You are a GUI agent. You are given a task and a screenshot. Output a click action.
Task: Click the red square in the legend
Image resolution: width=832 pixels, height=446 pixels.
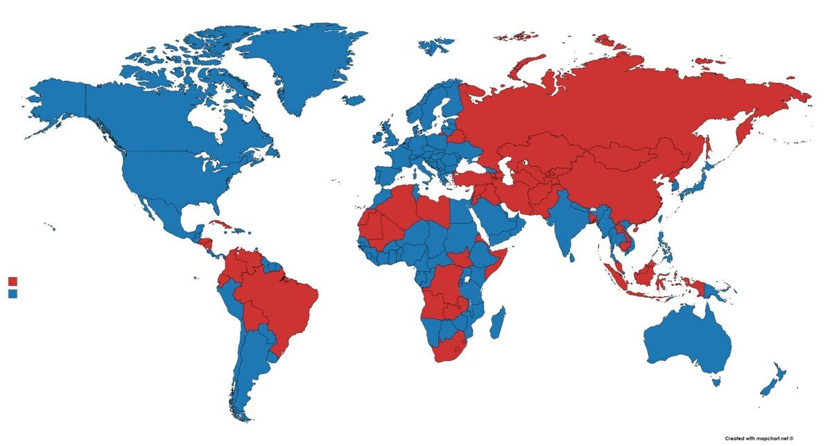[12, 281]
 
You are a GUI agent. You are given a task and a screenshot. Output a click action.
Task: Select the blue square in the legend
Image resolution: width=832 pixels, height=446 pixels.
[12, 294]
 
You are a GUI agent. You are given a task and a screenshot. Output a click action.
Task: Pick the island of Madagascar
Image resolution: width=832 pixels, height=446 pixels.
[497, 323]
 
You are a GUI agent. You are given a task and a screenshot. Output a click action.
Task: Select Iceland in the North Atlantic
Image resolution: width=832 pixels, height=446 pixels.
[354, 100]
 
